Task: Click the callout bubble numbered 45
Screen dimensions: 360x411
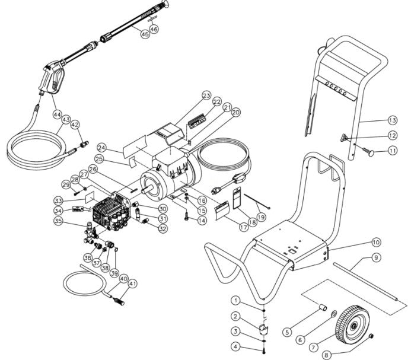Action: point(145,34)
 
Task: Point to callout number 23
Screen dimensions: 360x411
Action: point(206,95)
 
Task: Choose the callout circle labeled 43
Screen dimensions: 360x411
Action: point(64,120)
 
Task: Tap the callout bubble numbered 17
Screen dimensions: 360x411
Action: point(227,226)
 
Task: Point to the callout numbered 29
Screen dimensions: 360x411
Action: point(66,186)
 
